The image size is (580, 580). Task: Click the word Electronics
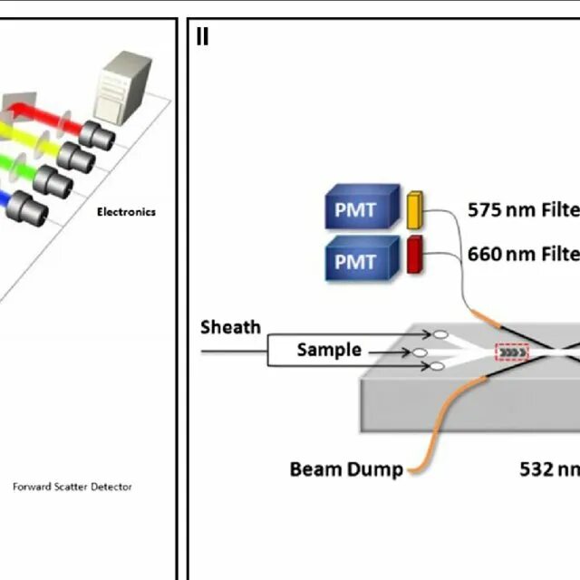click(126, 212)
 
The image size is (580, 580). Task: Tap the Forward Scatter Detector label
click(72, 487)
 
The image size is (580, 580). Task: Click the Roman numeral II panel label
click(202, 37)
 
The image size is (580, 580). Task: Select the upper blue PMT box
click(362, 211)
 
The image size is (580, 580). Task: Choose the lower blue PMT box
click(362, 263)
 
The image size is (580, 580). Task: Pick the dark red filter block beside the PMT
click(416, 254)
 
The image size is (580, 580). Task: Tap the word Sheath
click(230, 327)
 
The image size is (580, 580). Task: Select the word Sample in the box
click(329, 350)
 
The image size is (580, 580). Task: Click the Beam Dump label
click(346, 469)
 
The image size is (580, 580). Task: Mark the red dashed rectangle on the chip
click(512, 352)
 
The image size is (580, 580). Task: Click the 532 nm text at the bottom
click(549, 469)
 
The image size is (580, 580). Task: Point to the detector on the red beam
click(96, 135)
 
